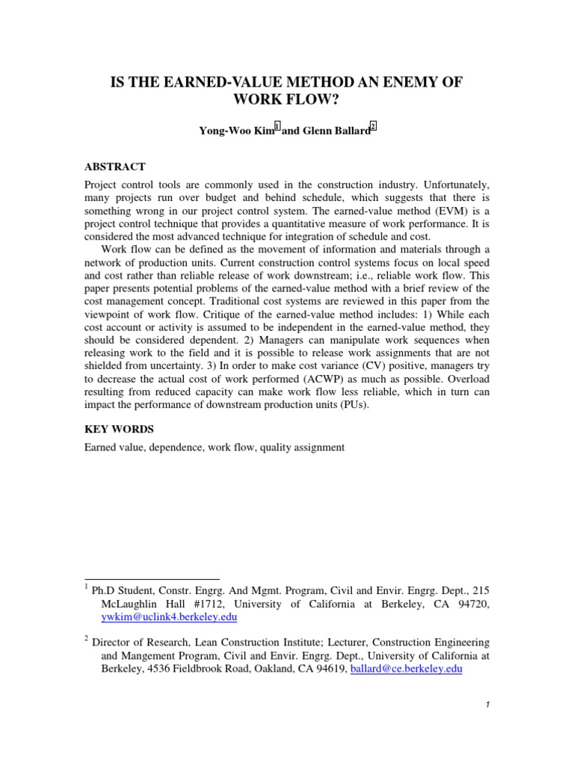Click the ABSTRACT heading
tap(114, 167)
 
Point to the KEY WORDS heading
tap(117, 430)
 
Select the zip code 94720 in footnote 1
tap(474, 604)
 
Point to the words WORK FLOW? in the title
tap(288, 100)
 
